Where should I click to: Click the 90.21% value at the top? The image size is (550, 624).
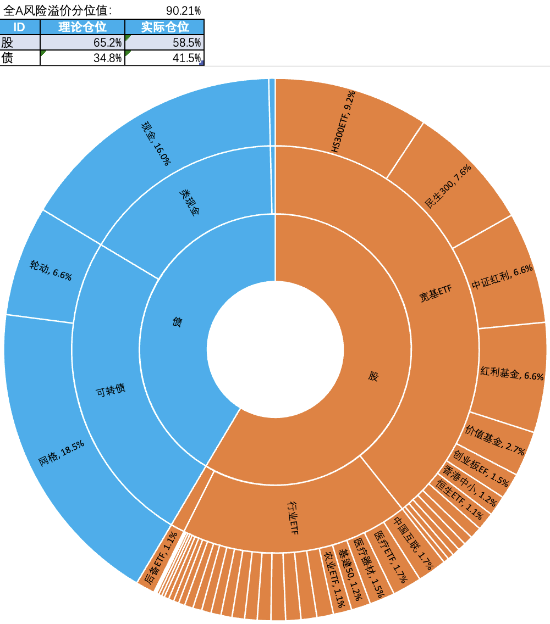(183, 10)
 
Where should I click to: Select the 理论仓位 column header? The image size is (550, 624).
(82, 27)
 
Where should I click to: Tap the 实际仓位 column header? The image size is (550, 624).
(164, 27)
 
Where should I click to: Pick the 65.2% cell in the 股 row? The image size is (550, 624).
(82, 43)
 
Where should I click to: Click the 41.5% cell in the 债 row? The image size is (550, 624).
(164, 58)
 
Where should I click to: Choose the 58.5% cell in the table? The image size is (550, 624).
(164, 43)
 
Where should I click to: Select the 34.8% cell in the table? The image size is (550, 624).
(82, 58)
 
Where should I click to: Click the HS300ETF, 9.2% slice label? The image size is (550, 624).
(344, 122)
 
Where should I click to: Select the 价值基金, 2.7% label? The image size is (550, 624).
(495, 440)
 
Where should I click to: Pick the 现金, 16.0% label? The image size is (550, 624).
(156, 142)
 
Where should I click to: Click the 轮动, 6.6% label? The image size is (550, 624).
(51, 271)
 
